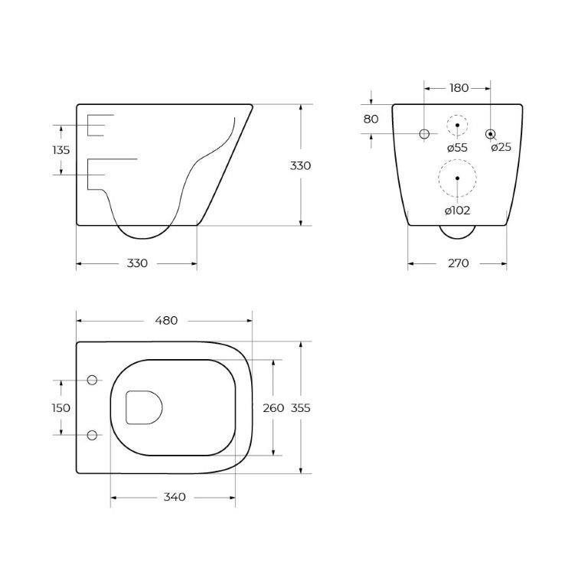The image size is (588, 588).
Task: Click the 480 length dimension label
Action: tap(166, 321)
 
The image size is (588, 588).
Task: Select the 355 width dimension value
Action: tap(301, 408)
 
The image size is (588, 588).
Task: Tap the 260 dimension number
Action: tap(273, 408)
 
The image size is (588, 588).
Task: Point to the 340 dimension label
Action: tap(175, 498)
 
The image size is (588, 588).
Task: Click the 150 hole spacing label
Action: tap(61, 408)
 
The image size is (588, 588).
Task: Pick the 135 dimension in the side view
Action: tap(61, 150)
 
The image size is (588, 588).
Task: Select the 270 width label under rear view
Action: tap(457, 263)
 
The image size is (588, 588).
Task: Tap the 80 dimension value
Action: tap(371, 119)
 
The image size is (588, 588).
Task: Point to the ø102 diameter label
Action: tap(457, 210)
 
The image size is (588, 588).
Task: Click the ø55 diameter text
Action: tap(456, 147)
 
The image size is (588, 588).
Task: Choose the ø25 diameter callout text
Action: tap(501, 147)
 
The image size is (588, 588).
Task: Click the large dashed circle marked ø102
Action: tap(457, 178)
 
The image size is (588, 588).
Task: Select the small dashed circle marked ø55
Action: tap(457, 125)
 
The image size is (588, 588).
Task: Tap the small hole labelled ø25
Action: tap(490, 134)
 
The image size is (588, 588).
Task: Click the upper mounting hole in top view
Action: tap(93, 381)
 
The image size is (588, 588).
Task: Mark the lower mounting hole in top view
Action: tap(93, 435)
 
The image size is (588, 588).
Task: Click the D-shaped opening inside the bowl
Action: tap(143, 407)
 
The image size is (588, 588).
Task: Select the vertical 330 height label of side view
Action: tap(301, 165)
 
